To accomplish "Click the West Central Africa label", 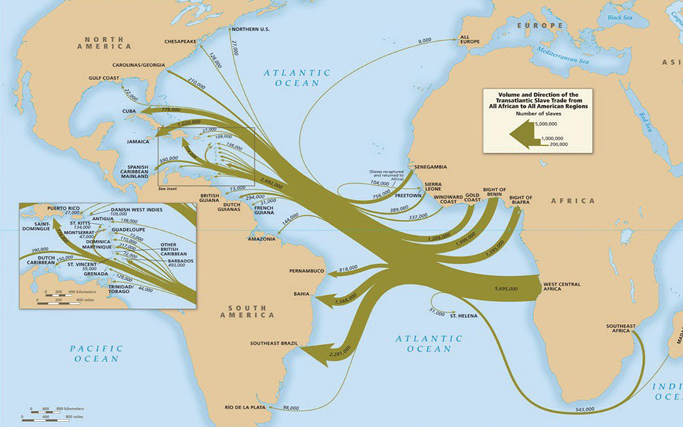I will [x=561, y=286].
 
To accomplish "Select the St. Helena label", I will [x=462, y=316].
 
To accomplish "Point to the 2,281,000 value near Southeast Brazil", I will [x=339, y=349].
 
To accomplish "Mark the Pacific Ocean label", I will [x=97, y=353].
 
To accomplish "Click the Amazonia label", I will [x=262, y=240].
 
